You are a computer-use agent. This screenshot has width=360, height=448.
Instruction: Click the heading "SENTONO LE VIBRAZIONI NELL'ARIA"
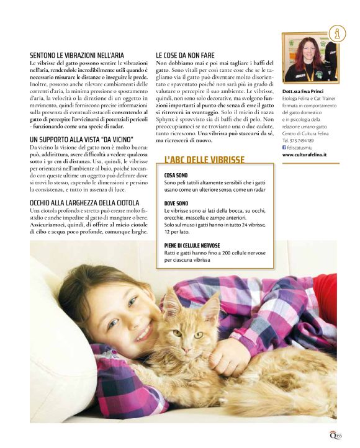tap(76, 55)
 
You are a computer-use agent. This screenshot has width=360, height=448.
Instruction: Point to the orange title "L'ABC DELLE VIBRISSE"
tap(205, 159)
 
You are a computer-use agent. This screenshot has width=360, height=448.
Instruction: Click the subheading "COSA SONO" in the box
tap(176, 176)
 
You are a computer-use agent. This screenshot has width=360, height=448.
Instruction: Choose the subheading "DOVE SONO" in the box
tap(176, 203)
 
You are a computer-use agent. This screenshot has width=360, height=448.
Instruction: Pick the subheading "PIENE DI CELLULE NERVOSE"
tap(192, 245)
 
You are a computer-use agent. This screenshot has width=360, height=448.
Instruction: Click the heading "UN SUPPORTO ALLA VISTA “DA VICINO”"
tap(82, 139)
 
